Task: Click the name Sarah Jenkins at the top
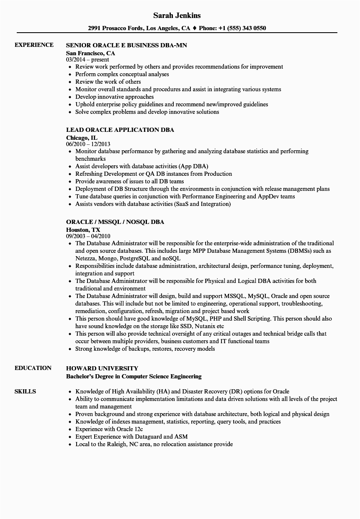point(177,15)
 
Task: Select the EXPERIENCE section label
point(34,45)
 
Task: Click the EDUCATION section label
point(33,368)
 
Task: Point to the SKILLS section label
point(25,391)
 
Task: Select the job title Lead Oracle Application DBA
point(120,130)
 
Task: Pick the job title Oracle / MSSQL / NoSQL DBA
point(115,222)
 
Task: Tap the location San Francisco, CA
point(90,53)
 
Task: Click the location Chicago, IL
point(82,137)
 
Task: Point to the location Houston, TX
point(83,229)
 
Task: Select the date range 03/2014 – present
point(87,60)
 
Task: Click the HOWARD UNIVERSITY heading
point(102,368)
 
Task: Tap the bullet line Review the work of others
point(108,82)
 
